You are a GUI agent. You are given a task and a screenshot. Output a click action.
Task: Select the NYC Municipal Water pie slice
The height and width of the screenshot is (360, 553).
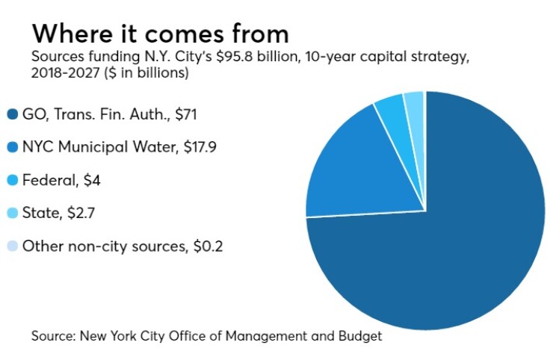(x=366, y=172)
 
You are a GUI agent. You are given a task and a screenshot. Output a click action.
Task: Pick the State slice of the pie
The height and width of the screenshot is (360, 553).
(x=414, y=106)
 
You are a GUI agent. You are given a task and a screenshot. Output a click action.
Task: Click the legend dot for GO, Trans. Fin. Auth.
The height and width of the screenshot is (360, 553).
(x=12, y=114)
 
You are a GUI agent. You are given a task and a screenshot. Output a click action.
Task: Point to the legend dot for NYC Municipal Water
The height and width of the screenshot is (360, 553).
(x=12, y=147)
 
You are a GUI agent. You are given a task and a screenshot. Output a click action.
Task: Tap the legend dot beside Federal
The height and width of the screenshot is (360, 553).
(x=12, y=180)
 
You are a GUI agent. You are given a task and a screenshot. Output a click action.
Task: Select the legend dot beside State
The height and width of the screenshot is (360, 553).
(x=12, y=213)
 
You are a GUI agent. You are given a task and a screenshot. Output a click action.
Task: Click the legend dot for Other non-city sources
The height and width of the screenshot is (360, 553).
(x=12, y=246)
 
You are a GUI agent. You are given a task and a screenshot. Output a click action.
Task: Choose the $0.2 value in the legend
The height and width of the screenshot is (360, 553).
(x=205, y=246)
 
